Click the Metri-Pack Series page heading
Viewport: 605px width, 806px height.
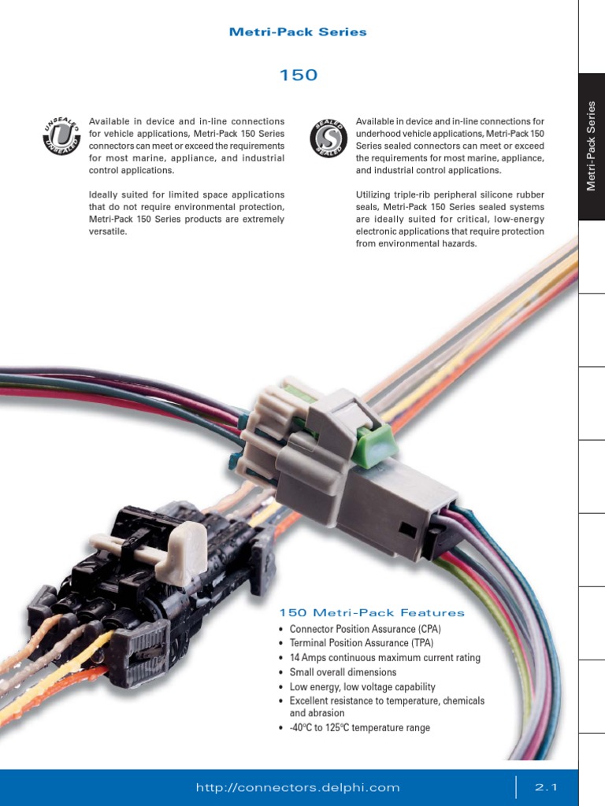[298, 32]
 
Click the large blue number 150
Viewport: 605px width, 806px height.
[299, 76]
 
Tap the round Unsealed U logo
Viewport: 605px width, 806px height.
[61, 135]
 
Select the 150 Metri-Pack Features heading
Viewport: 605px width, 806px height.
[372, 612]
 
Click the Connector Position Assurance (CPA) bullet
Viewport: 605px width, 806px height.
[365, 629]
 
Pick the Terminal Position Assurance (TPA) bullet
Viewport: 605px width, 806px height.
[362, 643]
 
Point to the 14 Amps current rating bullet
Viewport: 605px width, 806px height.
[384, 658]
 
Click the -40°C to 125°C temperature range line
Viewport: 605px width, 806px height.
[359, 728]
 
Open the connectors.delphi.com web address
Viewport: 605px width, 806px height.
[298, 787]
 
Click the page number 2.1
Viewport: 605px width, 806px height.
[546, 787]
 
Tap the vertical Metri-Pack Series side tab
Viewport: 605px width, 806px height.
[592, 146]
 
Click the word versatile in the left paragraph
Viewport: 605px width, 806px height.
[108, 232]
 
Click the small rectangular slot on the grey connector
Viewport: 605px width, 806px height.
[406, 530]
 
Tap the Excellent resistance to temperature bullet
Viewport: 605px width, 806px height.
[387, 701]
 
